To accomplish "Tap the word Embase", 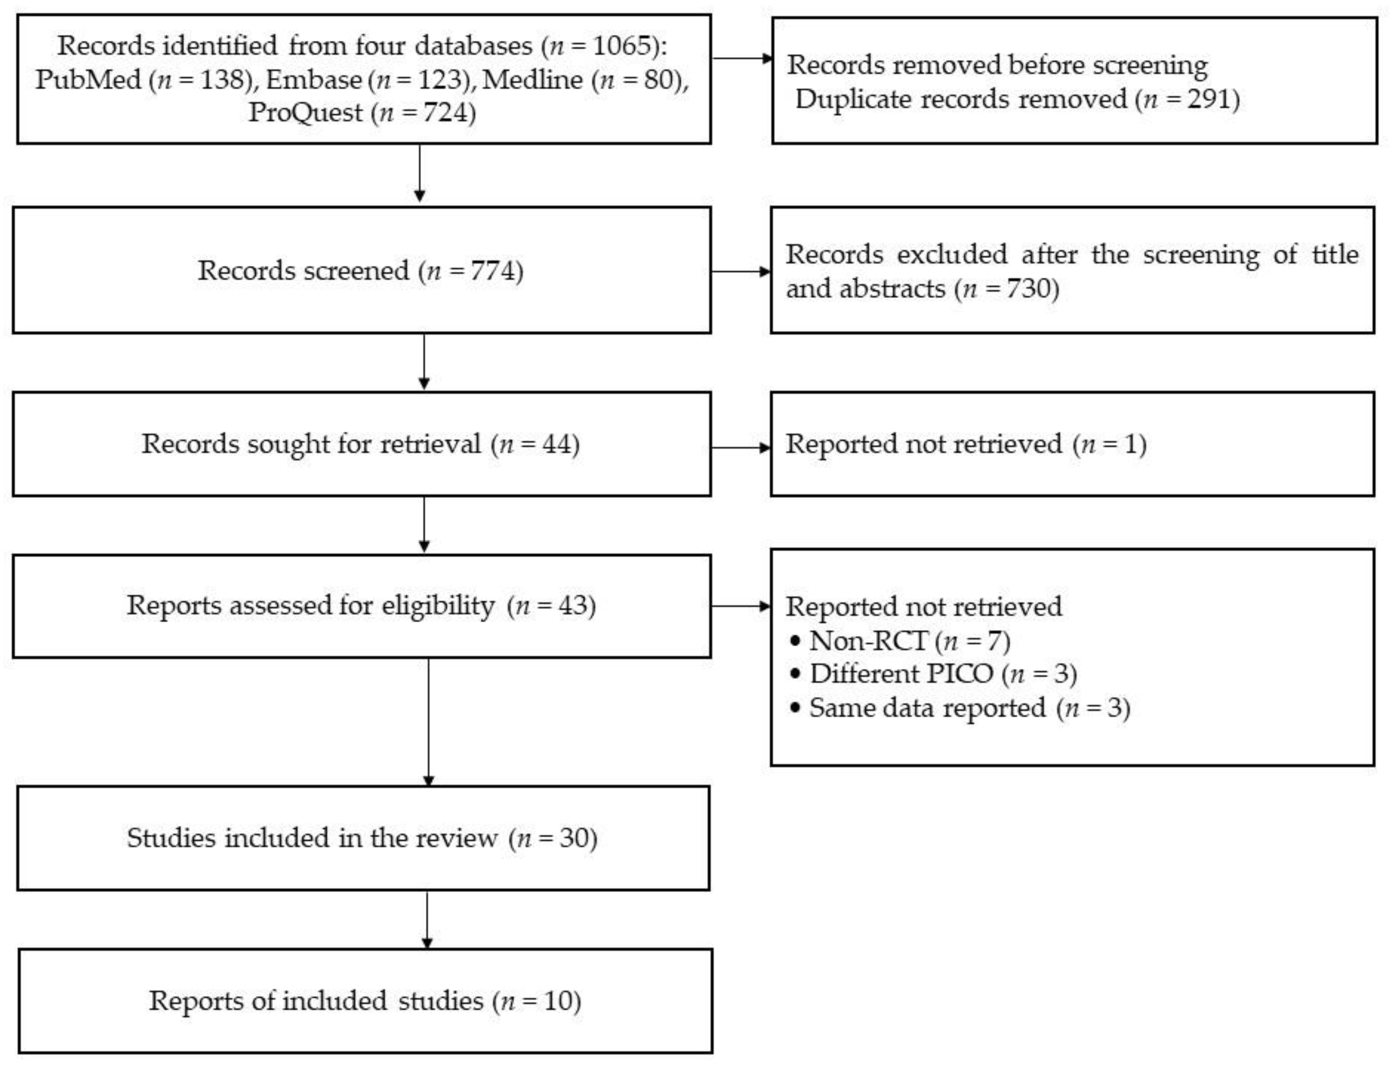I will [x=314, y=79].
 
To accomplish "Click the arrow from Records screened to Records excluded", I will [x=740, y=271].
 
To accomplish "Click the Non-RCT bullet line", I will [x=900, y=640].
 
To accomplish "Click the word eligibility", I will [x=438, y=605].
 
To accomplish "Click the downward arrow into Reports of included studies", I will [x=427, y=920].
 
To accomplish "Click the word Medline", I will [x=533, y=79].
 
